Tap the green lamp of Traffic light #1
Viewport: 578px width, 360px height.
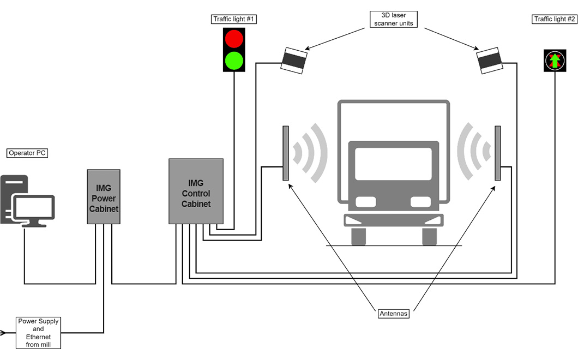[x=234, y=59]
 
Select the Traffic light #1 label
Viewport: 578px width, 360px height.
[x=234, y=19]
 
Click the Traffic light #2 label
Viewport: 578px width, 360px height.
[x=554, y=19]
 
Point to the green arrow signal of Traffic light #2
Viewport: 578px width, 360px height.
[x=554, y=61]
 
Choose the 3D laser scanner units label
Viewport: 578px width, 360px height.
[x=394, y=20]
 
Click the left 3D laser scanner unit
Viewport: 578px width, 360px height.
[x=294, y=59]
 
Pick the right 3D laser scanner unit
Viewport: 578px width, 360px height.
[x=490, y=61]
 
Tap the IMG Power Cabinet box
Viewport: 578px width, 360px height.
[x=104, y=196]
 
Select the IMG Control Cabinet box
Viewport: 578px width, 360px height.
[x=196, y=191]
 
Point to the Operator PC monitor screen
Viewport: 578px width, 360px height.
[x=34, y=208]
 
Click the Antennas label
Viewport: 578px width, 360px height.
[x=394, y=314]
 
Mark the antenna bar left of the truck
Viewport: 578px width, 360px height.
[x=285, y=153]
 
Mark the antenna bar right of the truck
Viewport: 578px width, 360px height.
[x=497, y=153]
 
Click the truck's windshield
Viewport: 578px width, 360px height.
[x=393, y=164]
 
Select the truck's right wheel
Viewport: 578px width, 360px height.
[x=430, y=236]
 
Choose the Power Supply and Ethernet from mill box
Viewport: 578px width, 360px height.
[x=39, y=333]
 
